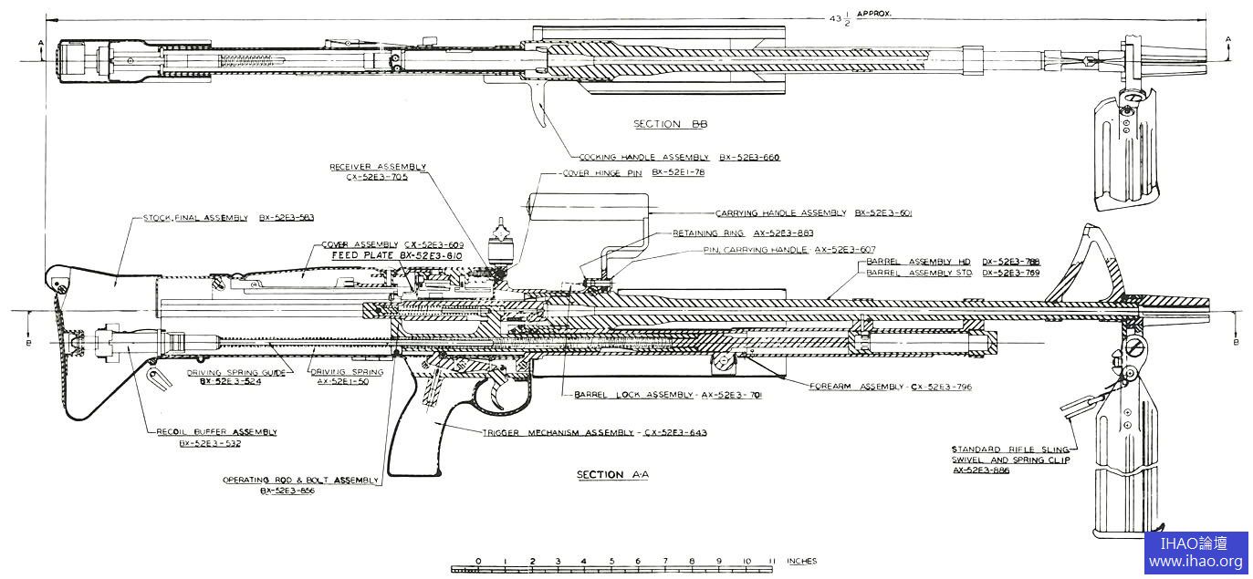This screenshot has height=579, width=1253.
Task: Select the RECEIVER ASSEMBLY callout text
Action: click(x=378, y=168)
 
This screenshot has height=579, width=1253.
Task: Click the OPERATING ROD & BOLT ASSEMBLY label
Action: click(x=300, y=480)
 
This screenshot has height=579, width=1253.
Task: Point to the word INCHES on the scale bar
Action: click(x=801, y=562)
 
